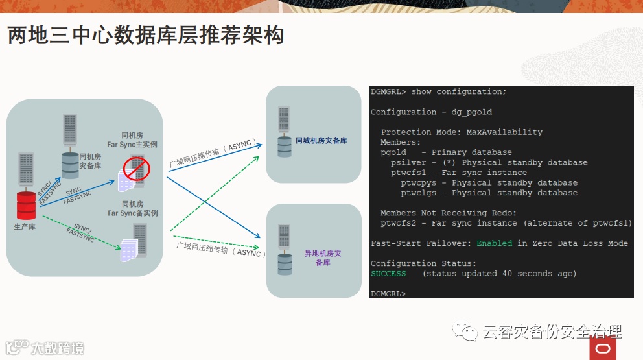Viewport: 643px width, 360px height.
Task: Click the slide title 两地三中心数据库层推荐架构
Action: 146,35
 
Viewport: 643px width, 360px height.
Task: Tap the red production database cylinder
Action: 26,205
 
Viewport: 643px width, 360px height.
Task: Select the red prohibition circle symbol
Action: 137,169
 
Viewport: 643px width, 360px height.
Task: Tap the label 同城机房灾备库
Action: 321,140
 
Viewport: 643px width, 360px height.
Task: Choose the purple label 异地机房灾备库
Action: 323,258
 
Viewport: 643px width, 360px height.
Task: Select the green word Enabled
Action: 494,243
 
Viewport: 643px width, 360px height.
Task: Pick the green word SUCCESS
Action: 388,274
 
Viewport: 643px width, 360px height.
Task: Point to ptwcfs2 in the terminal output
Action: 401,223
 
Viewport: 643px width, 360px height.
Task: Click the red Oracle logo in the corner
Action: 602,348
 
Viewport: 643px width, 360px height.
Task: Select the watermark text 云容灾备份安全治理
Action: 551,333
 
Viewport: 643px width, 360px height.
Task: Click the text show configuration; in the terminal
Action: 458,92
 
